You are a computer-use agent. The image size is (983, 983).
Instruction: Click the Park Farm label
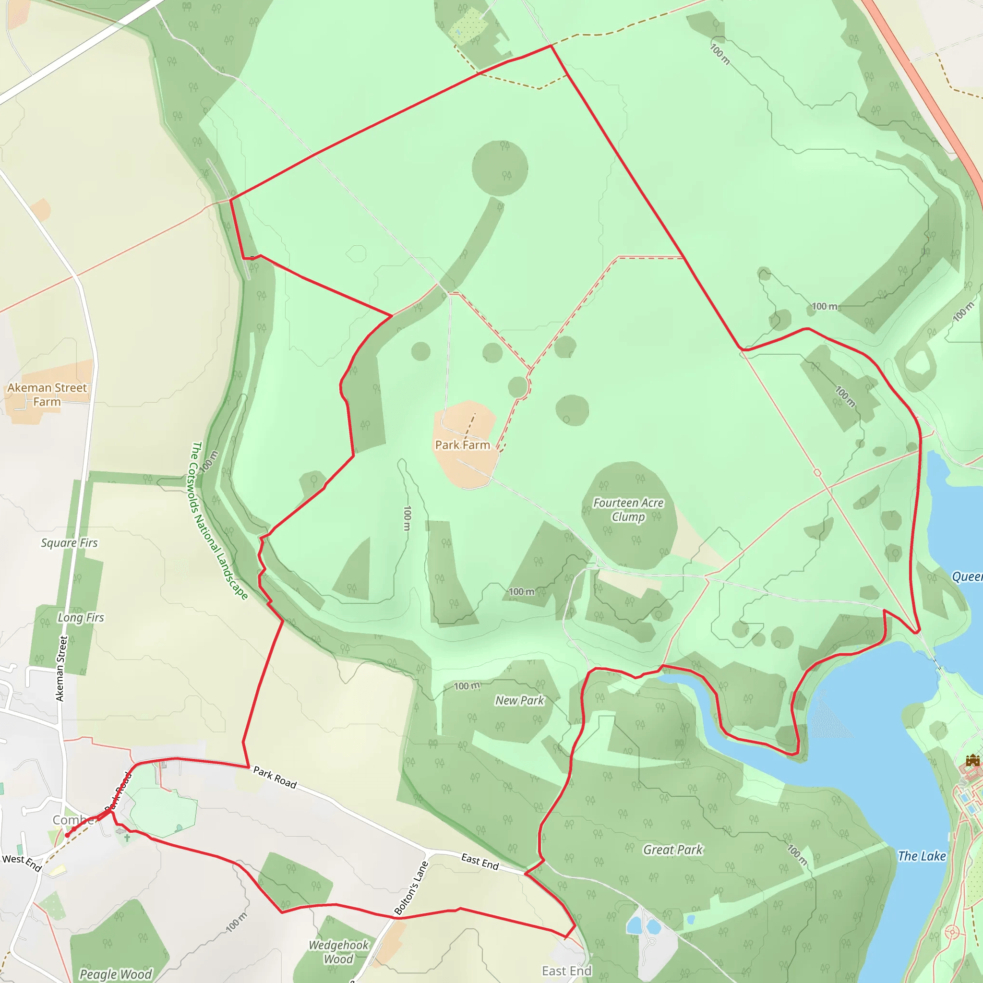tap(462, 445)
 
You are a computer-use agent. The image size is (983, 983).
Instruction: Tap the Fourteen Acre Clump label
tap(628, 510)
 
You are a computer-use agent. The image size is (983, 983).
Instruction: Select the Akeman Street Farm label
tap(47, 395)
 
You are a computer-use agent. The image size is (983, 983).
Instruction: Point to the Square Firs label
tap(69, 543)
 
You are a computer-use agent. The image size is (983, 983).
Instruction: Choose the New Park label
tap(519, 701)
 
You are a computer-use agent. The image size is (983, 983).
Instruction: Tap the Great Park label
tap(672, 850)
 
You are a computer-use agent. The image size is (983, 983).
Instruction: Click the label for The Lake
tap(922, 856)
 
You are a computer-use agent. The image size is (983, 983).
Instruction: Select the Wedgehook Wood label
tap(338, 952)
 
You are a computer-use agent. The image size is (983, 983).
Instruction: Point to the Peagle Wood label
tap(116, 974)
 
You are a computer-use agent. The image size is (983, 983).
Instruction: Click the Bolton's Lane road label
tap(412, 888)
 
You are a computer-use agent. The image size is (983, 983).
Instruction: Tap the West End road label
tap(22, 863)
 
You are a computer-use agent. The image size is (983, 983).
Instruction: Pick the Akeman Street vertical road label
tap(61, 669)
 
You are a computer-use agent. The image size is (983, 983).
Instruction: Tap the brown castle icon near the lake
tap(972, 761)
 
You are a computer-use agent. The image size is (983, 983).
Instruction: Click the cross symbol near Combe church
tap(127, 838)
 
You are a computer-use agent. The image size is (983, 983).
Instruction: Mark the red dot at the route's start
tap(67, 835)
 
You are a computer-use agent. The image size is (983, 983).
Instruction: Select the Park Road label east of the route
tap(275, 778)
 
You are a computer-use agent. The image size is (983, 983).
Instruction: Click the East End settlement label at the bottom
tap(566, 971)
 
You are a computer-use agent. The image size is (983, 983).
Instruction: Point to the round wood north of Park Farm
tap(500, 168)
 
